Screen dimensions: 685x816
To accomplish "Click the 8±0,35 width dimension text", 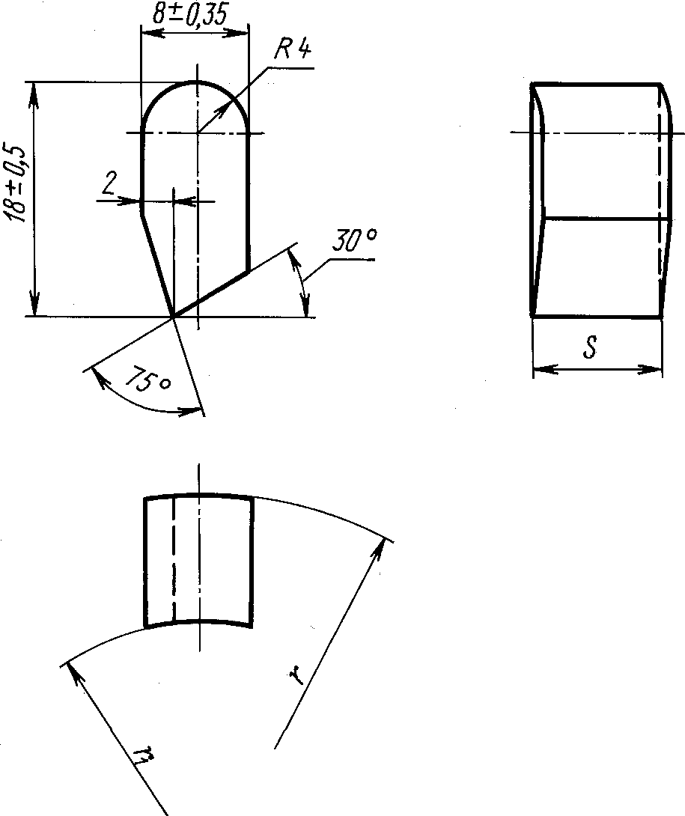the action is click(190, 14).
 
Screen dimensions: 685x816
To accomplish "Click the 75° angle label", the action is click(147, 379).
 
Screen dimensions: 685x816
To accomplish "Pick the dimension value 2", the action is click(109, 183).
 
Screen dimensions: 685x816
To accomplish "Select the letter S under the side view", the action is click(590, 347).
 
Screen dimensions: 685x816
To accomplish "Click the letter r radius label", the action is click(296, 675).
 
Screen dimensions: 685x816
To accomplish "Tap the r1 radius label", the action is click(143, 755).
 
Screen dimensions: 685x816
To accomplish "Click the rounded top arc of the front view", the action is click(195, 82).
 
